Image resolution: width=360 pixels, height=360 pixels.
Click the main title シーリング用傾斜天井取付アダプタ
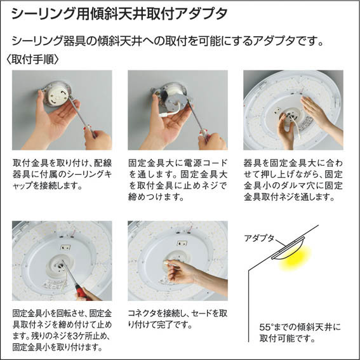119,14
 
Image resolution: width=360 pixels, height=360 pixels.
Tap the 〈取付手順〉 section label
32,59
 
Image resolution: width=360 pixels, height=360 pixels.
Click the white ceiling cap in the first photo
58,95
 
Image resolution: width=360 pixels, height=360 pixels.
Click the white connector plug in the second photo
163,114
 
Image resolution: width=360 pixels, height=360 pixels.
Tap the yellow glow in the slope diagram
295,258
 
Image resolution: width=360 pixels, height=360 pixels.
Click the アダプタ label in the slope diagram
259,238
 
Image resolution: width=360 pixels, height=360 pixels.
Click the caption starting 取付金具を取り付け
62,174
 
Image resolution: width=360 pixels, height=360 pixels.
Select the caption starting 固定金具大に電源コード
178,180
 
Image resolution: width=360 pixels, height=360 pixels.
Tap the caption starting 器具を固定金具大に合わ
293,180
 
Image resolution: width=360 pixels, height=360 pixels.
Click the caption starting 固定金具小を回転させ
62,330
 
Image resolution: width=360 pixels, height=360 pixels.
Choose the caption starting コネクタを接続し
178,319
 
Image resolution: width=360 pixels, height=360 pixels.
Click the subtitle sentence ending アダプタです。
168,41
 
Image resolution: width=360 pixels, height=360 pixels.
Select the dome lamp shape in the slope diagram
290,250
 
